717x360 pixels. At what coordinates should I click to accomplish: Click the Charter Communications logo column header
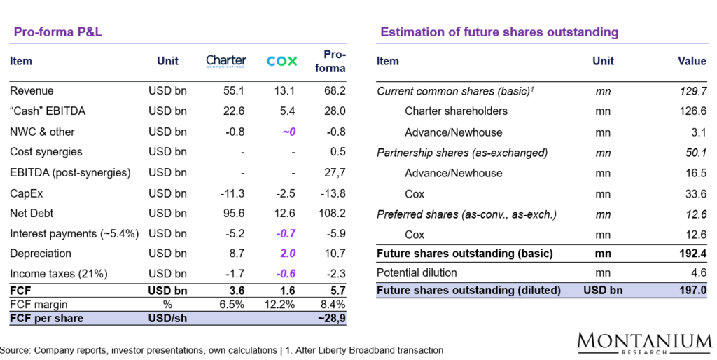click(226, 61)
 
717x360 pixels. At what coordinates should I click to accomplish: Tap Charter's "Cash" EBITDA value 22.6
click(233, 111)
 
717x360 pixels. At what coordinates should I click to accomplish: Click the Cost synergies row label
click(46, 152)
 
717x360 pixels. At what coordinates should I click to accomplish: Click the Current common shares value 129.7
click(692, 91)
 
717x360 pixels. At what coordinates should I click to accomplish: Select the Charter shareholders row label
click(456, 111)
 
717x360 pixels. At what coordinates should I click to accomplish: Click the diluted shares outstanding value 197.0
click(692, 290)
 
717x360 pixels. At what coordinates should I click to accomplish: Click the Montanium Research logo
click(644, 342)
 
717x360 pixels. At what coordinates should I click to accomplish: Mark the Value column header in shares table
click(692, 61)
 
